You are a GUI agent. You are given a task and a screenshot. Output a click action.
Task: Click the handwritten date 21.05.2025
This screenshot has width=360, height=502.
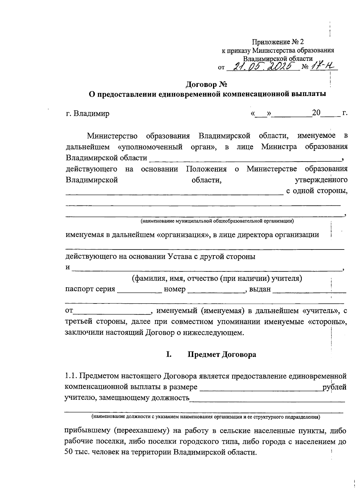(262, 66)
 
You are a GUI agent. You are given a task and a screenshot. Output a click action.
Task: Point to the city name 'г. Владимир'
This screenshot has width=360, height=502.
(88, 114)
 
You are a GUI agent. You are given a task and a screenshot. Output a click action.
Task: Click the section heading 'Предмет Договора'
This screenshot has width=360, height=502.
(222, 354)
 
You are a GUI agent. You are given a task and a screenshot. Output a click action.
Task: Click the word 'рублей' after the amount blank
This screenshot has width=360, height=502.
(334, 387)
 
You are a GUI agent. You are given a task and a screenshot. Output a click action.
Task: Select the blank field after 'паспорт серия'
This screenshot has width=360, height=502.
(139, 290)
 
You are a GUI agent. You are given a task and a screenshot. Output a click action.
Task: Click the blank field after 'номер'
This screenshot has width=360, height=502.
(215, 290)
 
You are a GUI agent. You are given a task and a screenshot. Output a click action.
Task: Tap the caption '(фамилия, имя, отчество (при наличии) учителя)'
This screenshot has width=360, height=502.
(217, 279)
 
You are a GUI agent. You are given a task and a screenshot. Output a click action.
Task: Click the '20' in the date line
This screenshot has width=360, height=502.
(316, 113)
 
